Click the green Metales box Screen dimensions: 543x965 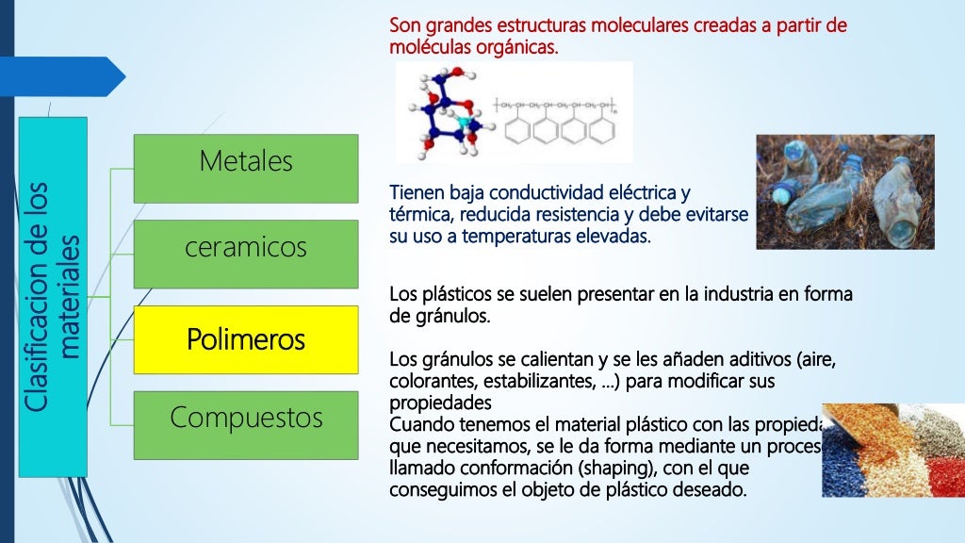click(x=246, y=168)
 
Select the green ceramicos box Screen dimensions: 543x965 click(x=246, y=254)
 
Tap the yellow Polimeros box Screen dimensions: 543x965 click(x=246, y=339)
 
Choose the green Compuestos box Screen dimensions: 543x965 click(x=246, y=424)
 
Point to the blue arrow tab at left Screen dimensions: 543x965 click(x=61, y=75)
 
